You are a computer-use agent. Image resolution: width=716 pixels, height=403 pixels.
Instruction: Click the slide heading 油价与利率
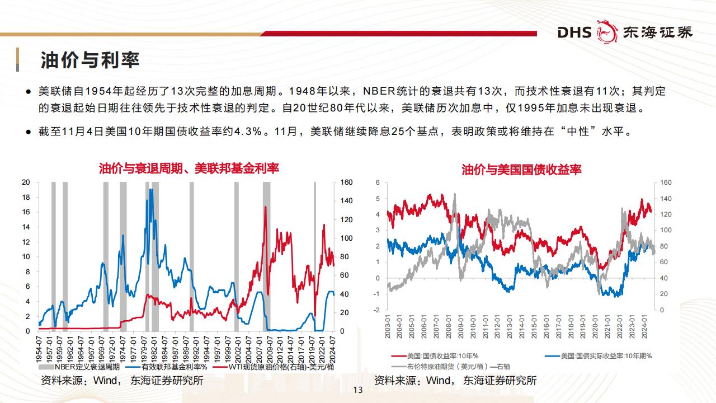point(90,60)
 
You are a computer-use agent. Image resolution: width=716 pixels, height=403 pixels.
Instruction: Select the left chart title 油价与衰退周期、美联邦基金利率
point(189,168)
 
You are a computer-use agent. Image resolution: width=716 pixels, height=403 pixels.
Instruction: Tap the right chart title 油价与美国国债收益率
point(521,169)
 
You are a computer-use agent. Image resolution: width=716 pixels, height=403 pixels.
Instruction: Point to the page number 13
point(358,390)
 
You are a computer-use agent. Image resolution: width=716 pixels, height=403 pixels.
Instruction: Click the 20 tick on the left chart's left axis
point(26,182)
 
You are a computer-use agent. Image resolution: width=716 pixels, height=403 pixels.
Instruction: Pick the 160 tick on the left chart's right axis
point(346,182)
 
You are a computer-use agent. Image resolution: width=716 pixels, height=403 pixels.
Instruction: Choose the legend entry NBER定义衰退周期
point(82,367)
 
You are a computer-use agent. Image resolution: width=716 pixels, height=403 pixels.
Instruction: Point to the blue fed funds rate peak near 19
point(151,190)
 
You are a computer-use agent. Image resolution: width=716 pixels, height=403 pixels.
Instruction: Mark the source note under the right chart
point(455,381)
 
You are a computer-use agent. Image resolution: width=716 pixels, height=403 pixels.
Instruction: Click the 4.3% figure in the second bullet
point(247,133)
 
